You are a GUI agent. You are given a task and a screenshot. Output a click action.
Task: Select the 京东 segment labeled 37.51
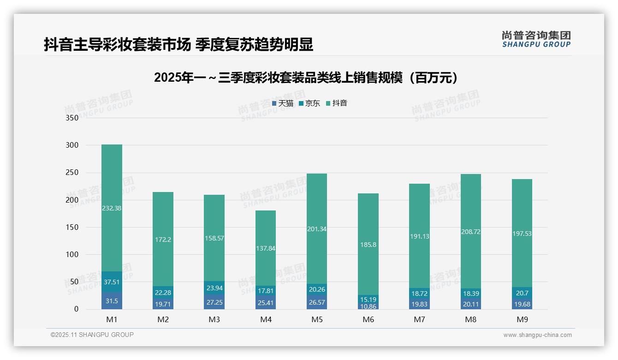pyautogui.click(x=112, y=282)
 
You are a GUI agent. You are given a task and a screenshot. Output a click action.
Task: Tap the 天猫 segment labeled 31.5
pyautogui.click(x=112, y=301)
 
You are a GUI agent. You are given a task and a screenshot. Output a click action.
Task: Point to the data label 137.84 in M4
pyautogui.click(x=265, y=248)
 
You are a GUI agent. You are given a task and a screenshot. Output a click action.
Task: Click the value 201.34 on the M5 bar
pyautogui.click(x=316, y=229)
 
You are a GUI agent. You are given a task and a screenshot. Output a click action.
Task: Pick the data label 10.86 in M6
pyautogui.click(x=368, y=306)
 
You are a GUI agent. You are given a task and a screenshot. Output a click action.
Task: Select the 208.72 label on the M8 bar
pyautogui.click(x=470, y=232)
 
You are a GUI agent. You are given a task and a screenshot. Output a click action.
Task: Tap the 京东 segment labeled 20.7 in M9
pyautogui.click(x=522, y=293)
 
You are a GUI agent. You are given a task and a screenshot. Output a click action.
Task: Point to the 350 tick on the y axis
pyautogui.click(x=72, y=118)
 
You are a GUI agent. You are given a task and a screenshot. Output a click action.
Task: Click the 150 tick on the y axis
pyautogui.click(x=72, y=227)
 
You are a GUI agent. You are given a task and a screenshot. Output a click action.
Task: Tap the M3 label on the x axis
pyautogui.click(x=214, y=319)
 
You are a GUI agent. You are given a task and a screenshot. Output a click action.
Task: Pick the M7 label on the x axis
pyautogui.click(x=419, y=319)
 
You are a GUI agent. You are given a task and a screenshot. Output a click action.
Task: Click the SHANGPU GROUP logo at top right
pyautogui.click(x=536, y=39)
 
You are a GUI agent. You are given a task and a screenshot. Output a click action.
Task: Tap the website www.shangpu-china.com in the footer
pyautogui.click(x=537, y=335)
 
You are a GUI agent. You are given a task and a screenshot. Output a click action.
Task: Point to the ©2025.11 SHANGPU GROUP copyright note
pyautogui.click(x=92, y=335)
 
